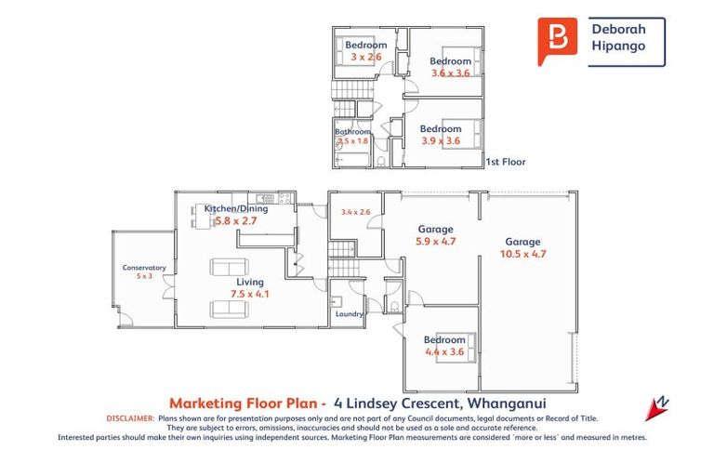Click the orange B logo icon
pos(557,41)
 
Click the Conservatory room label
pos(144,268)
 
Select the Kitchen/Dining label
pos(235,209)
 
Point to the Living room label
pos(249,282)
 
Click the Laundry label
pos(349,314)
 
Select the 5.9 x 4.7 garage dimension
pos(435,241)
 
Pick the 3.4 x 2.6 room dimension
pos(355,212)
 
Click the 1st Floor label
pos(506,162)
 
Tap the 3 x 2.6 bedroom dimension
pos(365,57)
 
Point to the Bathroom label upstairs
pos(353,132)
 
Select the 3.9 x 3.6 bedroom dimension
pos(441,140)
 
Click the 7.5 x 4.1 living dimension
pos(249,294)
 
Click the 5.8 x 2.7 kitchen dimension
pos(235,221)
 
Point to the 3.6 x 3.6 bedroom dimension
pos(451,72)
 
